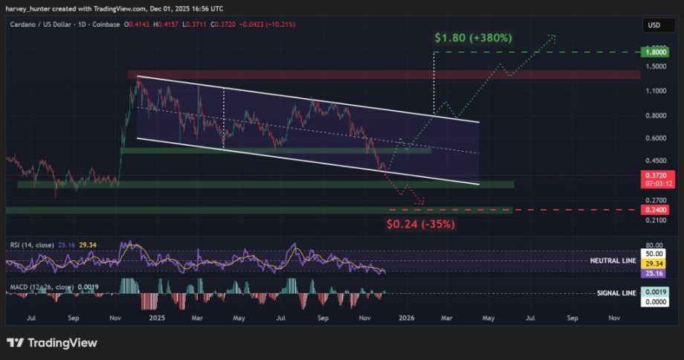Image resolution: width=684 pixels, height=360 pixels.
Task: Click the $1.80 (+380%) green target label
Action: (474, 37)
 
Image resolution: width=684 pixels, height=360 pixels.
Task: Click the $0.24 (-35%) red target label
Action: (420, 223)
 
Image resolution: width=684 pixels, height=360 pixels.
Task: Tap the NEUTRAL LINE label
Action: (613, 262)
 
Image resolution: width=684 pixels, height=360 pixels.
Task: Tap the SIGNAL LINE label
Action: (616, 293)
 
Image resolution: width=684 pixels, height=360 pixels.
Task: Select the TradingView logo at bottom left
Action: (52, 343)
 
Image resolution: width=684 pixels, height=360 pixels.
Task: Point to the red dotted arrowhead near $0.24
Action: (422, 202)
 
